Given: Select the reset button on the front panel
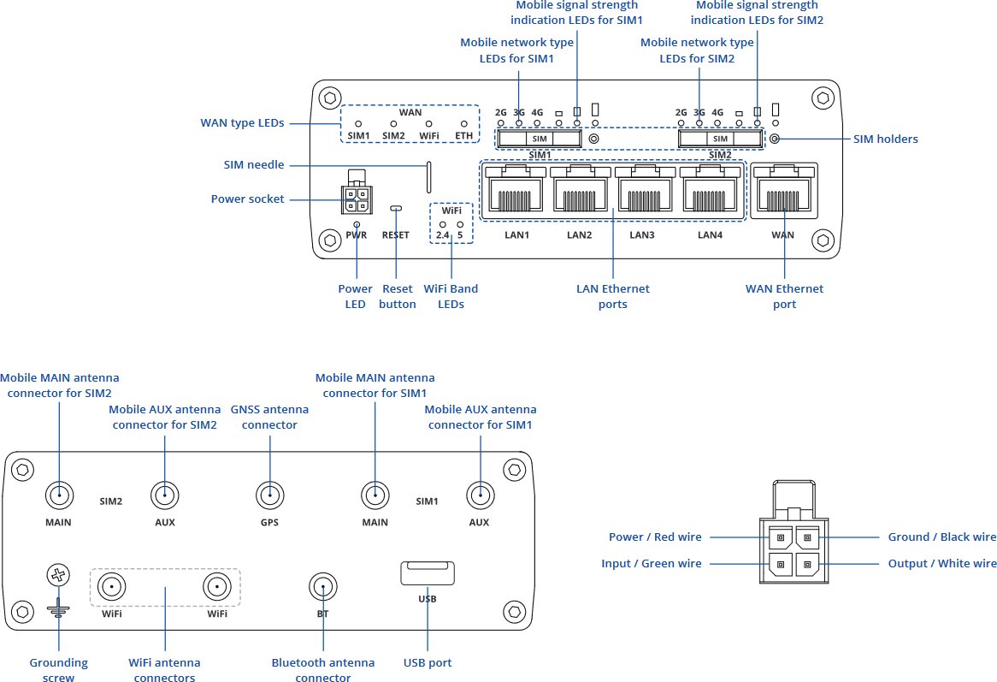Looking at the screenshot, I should (x=395, y=208).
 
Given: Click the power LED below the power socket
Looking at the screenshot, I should (x=357, y=224).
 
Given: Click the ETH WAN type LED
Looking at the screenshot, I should (x=464, y=124).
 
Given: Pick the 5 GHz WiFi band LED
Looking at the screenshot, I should (x=461, y=224).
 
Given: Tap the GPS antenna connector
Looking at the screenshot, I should (x=270, y=495).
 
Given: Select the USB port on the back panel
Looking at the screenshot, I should (x=428, y=573).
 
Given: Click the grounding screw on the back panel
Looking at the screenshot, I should (x=58, y=576).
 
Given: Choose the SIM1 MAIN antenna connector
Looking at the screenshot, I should (x=375, y=495).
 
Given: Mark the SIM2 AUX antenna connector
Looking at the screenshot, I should (x=164, y=495).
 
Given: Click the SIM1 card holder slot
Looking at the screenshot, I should (x=539, y=139).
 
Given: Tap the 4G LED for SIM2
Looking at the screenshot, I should (x=717, y=123).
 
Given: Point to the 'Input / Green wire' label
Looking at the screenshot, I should (x=652, y=564).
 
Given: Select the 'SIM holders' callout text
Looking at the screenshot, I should (x=886, y=139).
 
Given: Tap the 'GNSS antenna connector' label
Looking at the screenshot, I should (x=270, y=418).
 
